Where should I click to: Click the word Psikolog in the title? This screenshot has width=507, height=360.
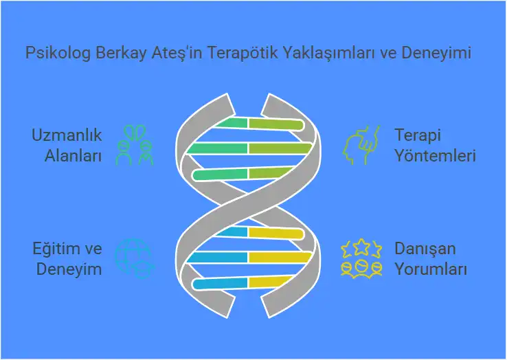coord(56,53)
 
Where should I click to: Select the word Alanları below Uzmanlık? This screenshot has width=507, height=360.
coord(74,156)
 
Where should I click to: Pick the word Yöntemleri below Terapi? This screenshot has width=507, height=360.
coord(435,156)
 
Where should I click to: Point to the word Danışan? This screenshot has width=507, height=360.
coord(425,248)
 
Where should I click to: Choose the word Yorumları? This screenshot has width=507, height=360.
coord(431,269)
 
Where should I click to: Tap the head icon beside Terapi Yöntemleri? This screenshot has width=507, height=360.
coord(362,144)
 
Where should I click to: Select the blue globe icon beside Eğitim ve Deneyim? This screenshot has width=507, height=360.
coord(133,258)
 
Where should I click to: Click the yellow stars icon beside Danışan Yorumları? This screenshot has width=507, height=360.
coord(362,258)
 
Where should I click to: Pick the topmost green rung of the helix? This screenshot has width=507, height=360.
coord(229,124)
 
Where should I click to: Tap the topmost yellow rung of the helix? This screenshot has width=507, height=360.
coord(275,234)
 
